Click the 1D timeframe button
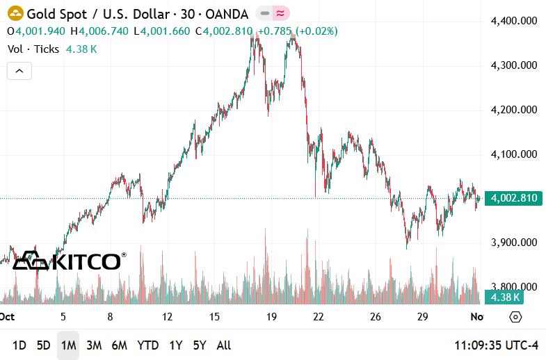(19, 345)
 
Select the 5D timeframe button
(43, 345)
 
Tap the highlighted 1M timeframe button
(68, 345)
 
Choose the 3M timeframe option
(94, 345)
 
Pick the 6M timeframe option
(120, 345)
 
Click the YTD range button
(147, 345)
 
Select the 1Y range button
(176, 345)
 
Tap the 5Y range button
(200, 345)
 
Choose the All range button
(224, 345)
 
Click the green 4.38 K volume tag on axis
(506, 297)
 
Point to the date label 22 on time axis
(319, 317)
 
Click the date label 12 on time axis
(167, 317)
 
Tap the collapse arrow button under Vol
(19, 70)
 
